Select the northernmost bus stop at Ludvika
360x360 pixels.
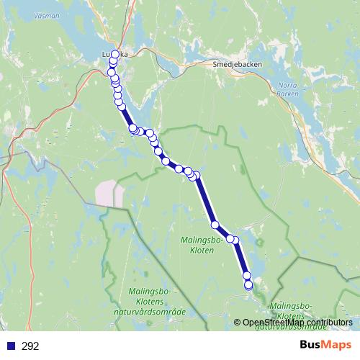(x=115, y=54)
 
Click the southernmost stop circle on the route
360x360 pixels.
(x=249, y=286)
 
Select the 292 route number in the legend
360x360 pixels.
(x=30, y=346)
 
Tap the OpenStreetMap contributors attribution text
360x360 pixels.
(x=297, y=323)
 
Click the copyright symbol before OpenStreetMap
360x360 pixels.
(x=238, y=323)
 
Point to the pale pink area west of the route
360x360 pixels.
(x=109, y=192)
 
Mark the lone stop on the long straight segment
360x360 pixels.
(x=215, y=225)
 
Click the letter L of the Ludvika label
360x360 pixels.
(x=105, y=54)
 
